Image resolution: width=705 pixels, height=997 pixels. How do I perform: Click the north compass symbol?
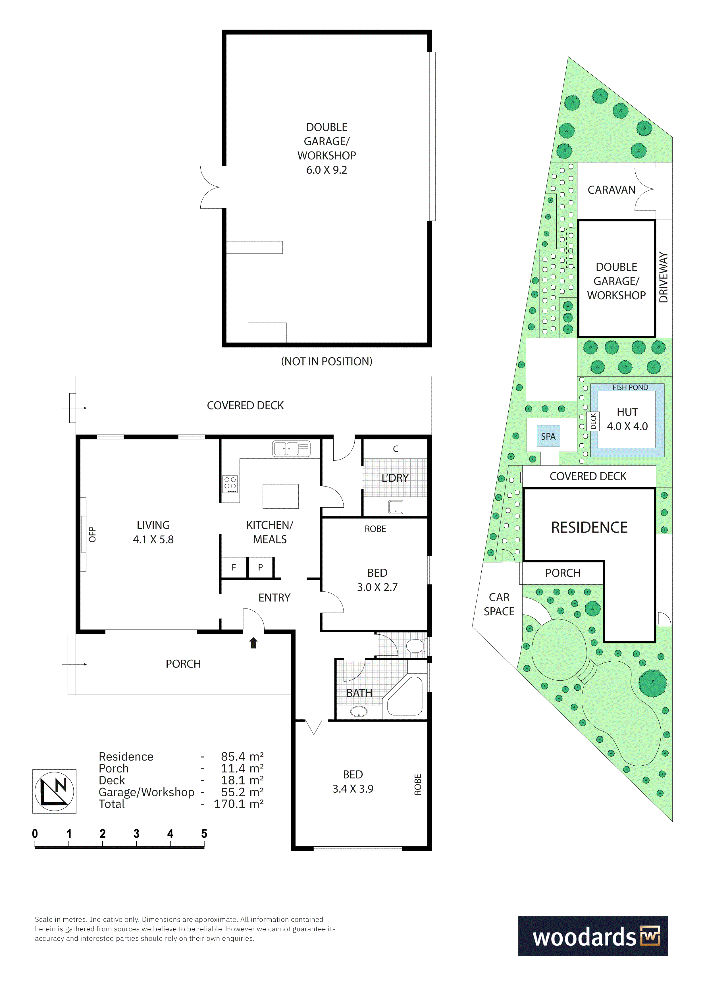pyautogui.click(x=54, y=791)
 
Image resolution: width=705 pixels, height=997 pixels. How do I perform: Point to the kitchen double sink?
pyautogui.click(x=291, y=448)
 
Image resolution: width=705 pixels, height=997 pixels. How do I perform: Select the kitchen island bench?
pyautogui.click(x=280, y=496)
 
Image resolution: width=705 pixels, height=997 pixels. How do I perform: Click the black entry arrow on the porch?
pyautogui.click(x=253, y=643)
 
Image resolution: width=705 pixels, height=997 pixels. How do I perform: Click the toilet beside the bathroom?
pyautogui.click(x=416, y=646)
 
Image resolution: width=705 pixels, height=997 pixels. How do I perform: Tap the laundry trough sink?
pyautogui.click(x=396, y=507)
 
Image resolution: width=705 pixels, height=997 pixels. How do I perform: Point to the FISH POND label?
pyautogui.click(x=630, y=387)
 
